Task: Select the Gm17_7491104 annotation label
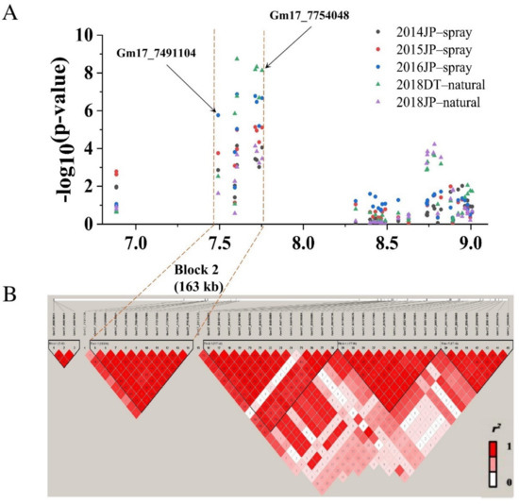157,53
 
